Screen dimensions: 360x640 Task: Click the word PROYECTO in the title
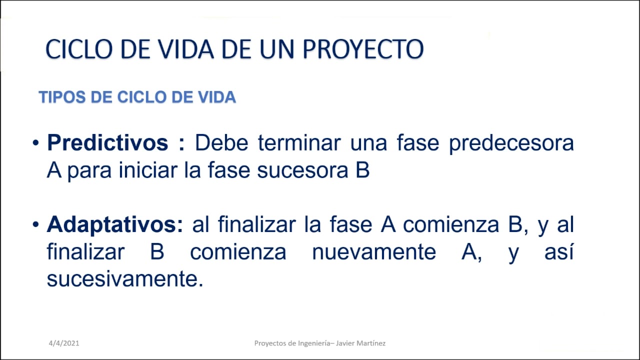pyautogui.click(x=363, y=49)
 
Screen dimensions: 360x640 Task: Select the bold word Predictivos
pyautogui.click(x=107, y=143)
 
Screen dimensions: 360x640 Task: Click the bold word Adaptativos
pyautogui.click(x=115, y=225)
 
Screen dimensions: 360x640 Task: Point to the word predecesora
pyautogui.click(x=511, y=143)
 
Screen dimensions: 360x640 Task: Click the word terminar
pyautogui.click(x=299, y=143)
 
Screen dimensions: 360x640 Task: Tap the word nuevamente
pyautogui.click(x=374, y=252)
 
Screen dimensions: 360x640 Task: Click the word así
pyautogui.click(x=558, y=252)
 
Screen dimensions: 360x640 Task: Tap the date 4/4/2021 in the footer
pyautogui.click(x=64, y=343)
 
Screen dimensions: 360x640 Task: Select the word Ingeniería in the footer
pyautogui.click(x=312, y=343)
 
